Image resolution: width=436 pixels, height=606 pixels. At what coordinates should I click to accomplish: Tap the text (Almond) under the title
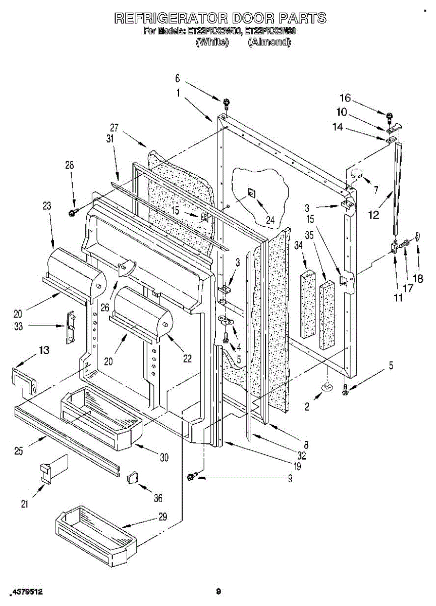269,42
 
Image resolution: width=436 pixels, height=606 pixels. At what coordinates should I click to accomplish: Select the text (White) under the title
212,42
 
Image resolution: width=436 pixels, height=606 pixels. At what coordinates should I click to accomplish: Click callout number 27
115,128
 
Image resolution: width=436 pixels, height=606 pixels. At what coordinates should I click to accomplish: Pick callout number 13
44,350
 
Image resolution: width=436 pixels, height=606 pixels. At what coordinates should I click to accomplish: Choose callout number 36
158,498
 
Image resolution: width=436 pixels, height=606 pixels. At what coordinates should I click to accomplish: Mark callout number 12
373,215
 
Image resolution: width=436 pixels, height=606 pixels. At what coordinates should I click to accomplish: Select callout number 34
299,245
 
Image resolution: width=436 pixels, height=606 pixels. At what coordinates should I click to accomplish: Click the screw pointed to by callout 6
226,103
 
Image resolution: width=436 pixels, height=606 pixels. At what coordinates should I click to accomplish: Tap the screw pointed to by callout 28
72,212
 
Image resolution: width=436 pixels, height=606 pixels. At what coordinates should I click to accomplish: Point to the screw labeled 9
192,476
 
